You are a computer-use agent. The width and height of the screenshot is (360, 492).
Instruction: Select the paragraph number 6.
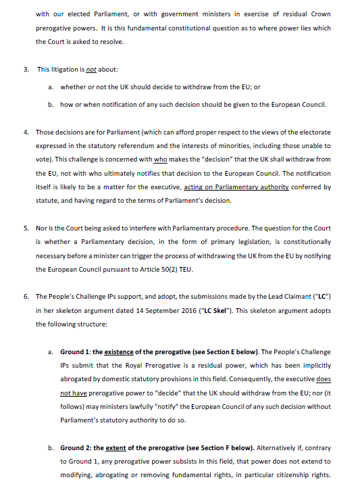coord(26,296)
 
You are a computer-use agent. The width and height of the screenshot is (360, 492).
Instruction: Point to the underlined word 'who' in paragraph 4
coord(160,159)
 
